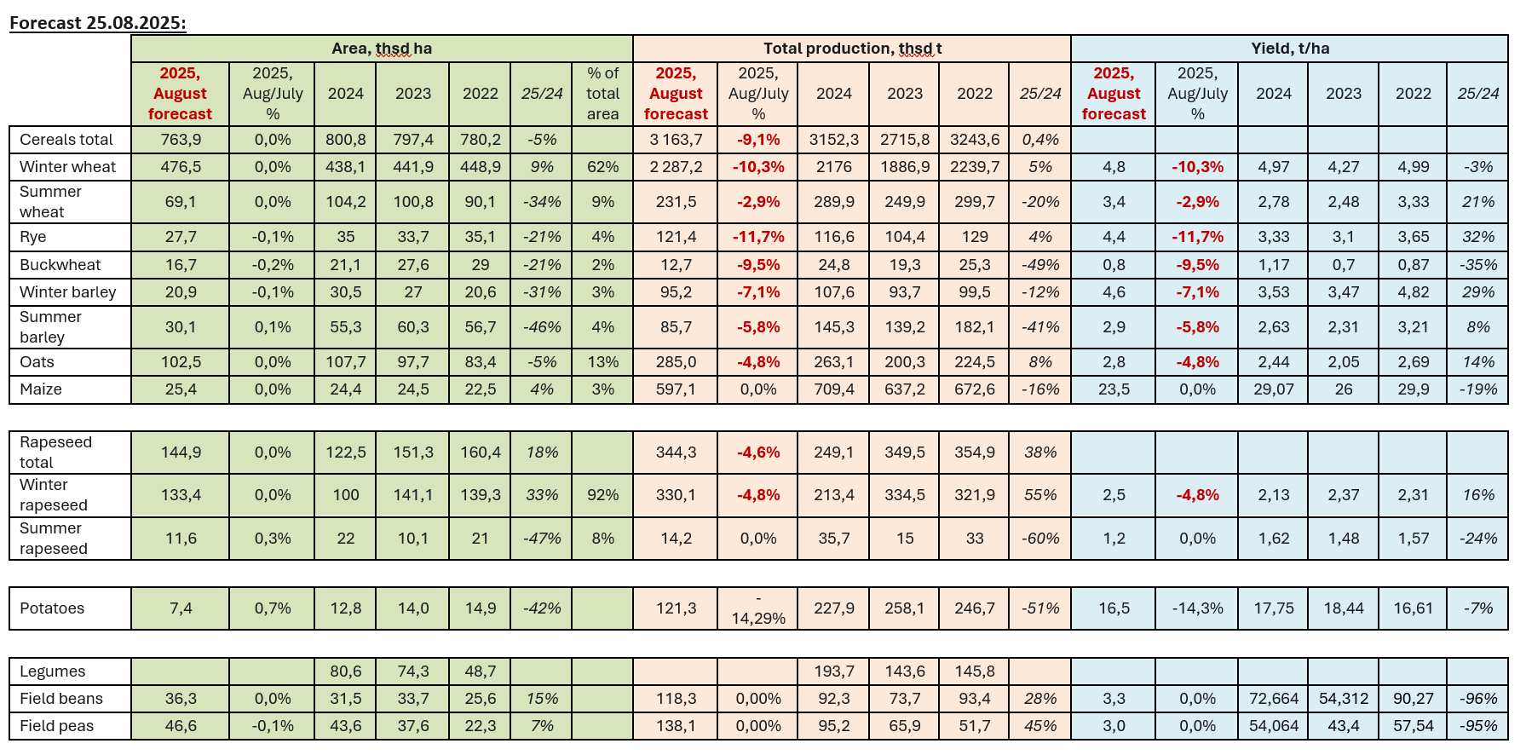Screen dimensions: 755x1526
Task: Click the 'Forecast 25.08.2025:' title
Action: click(x=97, y=22)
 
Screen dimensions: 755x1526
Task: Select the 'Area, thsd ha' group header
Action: click(x=382, y=49)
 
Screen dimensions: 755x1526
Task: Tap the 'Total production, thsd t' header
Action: click(x=852, y=49)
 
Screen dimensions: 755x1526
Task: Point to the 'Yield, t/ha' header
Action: click(x=1289, y=49)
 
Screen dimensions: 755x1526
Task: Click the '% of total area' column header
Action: click(x=602, y=94)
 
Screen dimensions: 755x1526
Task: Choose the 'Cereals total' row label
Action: click(x=66, y=140)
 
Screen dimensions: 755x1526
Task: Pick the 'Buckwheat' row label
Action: click(x=60, y=265)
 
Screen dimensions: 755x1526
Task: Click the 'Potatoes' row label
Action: click(x=52, y=608)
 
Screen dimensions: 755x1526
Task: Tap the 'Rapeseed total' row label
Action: click(x=55, y=452)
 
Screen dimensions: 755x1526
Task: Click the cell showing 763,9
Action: click(x=181, y=140)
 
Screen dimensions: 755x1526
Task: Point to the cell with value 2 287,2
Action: click(x=676, y=167)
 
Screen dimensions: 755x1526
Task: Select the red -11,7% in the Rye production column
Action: click(x=758, y=237)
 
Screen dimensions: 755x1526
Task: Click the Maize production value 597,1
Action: click(x=676, y=389)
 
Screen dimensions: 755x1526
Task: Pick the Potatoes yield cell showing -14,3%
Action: click(x=1197, y=608)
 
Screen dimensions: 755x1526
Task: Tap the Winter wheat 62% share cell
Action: click(x=602, y=167)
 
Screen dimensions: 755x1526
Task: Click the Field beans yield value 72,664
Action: click(x=1273, y=699)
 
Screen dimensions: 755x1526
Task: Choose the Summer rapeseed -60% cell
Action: click(x=1040, y=539)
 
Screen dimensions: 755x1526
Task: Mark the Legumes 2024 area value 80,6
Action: click(x=345, y=671)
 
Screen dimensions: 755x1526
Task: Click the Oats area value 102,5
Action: click(x=181, y=362)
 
